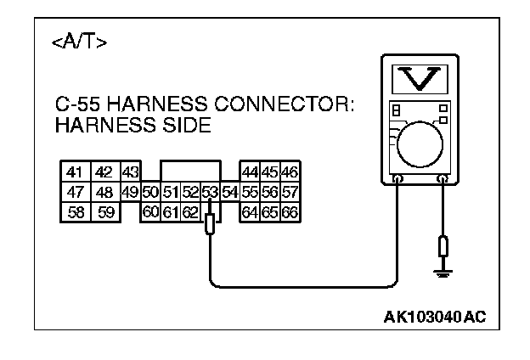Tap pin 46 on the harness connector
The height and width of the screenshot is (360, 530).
(289, 172)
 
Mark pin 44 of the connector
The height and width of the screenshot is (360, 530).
(250, 172)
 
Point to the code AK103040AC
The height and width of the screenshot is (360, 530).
(436, 318)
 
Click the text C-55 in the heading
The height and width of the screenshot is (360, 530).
(75, 107)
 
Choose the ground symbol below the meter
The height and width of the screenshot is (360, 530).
(442, 272)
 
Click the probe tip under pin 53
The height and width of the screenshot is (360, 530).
(210, 226)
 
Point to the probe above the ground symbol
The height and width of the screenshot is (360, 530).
(442, 247)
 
